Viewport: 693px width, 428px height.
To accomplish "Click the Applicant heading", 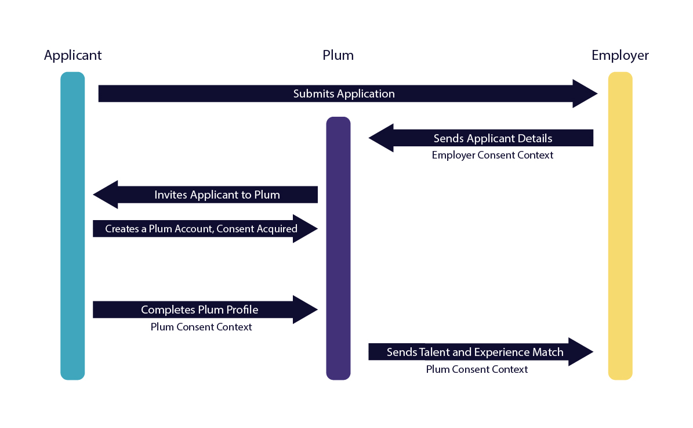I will (x=72, y=55).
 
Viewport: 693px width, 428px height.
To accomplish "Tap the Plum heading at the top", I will (x=338, y=55).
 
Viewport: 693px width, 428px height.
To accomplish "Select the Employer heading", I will (x=620, y=55).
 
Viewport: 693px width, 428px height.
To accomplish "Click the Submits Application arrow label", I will (x=344, y=93).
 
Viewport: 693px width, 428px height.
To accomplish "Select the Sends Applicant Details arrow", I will (x=492, y=138).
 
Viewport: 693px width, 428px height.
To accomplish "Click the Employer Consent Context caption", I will (x=492, y=155).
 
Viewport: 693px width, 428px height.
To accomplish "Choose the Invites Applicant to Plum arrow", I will (x=217, y=195).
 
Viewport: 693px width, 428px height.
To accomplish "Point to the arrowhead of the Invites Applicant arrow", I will (x=105, y=195).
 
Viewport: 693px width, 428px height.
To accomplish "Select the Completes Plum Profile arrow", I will (x=199, y=310).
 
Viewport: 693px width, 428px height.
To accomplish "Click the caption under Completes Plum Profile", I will (x=201, y=327).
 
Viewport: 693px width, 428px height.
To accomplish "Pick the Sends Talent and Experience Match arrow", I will (x=475, y=352).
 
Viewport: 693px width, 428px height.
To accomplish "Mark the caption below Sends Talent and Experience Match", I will (x=477, y=369).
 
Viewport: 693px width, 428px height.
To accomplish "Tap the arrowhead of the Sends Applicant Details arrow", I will (x=381, y=138).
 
